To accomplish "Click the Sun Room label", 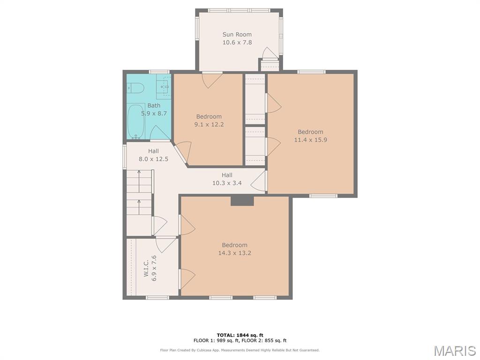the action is click(237, 35).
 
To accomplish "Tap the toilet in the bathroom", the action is click(135, 88).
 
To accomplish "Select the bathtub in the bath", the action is click(135, 121).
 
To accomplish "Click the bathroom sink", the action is click(163, 86).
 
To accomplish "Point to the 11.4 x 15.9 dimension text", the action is click(310, 140).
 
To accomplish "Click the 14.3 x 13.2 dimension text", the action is click(234, 253).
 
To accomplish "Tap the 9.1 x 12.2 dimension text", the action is click(209, 125).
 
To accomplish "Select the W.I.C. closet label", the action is click(146, 269).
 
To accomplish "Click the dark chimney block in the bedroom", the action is click(242, 201).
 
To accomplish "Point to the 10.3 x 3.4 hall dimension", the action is click(227, 183).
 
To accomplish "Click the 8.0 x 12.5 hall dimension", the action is click(153, 159).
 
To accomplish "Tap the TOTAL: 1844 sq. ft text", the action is click(240, 335).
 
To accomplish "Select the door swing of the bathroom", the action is click(160, 133).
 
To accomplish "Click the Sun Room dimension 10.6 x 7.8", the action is click(237, 43).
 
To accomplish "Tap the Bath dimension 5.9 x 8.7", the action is click(154, 113).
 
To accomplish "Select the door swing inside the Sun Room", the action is click(270, 52).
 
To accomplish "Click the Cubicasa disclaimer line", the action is click(240, 350).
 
